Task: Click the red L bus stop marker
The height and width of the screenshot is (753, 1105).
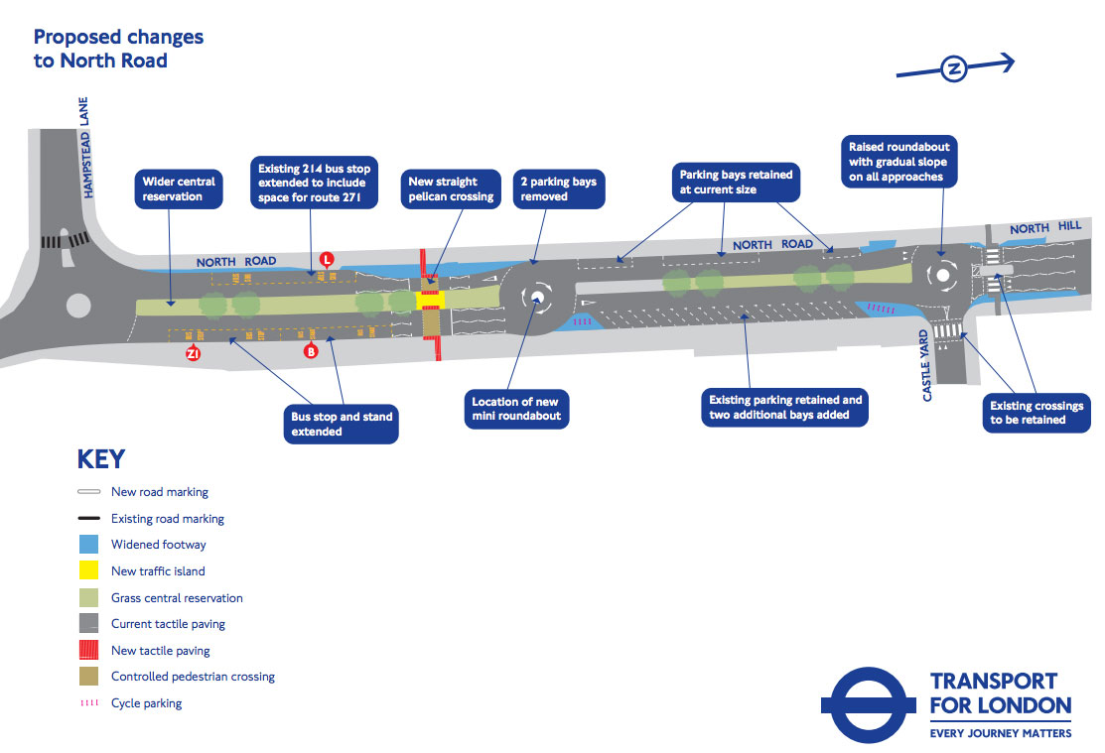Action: [326, 260]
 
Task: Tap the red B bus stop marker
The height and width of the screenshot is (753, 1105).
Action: [311, 350]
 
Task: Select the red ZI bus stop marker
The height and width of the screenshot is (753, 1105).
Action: [195, 352]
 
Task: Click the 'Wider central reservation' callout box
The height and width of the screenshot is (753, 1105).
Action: [179, 188]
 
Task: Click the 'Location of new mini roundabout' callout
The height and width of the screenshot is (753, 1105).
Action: [516, 409]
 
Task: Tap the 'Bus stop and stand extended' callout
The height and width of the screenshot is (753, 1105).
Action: [342, 424]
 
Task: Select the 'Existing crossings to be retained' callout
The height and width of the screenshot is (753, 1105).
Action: [1036, 413]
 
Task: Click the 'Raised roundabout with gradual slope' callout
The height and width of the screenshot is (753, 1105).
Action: [898, 162]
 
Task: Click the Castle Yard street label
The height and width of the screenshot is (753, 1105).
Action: [927, 365]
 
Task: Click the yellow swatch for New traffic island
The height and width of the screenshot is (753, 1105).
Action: [88, 571]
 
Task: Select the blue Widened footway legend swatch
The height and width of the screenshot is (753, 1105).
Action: [88, 545]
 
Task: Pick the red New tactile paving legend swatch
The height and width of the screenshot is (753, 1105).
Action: [88, 651]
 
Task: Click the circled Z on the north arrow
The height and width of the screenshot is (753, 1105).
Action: [954, 68]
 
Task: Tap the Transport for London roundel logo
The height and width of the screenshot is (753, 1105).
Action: [867, 704]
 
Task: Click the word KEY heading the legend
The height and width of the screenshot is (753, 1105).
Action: [101, 459]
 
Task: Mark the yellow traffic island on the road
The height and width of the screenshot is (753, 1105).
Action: [432, 300]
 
